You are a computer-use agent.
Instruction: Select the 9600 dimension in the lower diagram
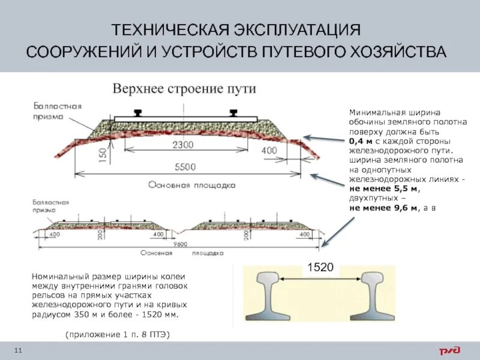(178, 244)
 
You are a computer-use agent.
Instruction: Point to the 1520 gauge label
(320, 268)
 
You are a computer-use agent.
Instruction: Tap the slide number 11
(17, 350)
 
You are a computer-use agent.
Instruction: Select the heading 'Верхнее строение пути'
(185, 89)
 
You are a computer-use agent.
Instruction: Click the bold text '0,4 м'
(359, 142)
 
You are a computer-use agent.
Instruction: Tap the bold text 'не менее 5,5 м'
(384, 189)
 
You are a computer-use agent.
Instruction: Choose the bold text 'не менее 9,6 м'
(384, 208)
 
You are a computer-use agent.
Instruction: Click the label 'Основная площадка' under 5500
(191, 185)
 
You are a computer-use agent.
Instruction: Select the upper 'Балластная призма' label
(57, 111)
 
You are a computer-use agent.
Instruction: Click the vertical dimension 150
(103, 156)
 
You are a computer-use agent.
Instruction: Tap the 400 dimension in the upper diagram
(269, 149)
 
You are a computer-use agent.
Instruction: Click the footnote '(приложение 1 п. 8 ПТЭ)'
(118, 335)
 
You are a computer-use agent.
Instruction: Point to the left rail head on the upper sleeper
(139, 112)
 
